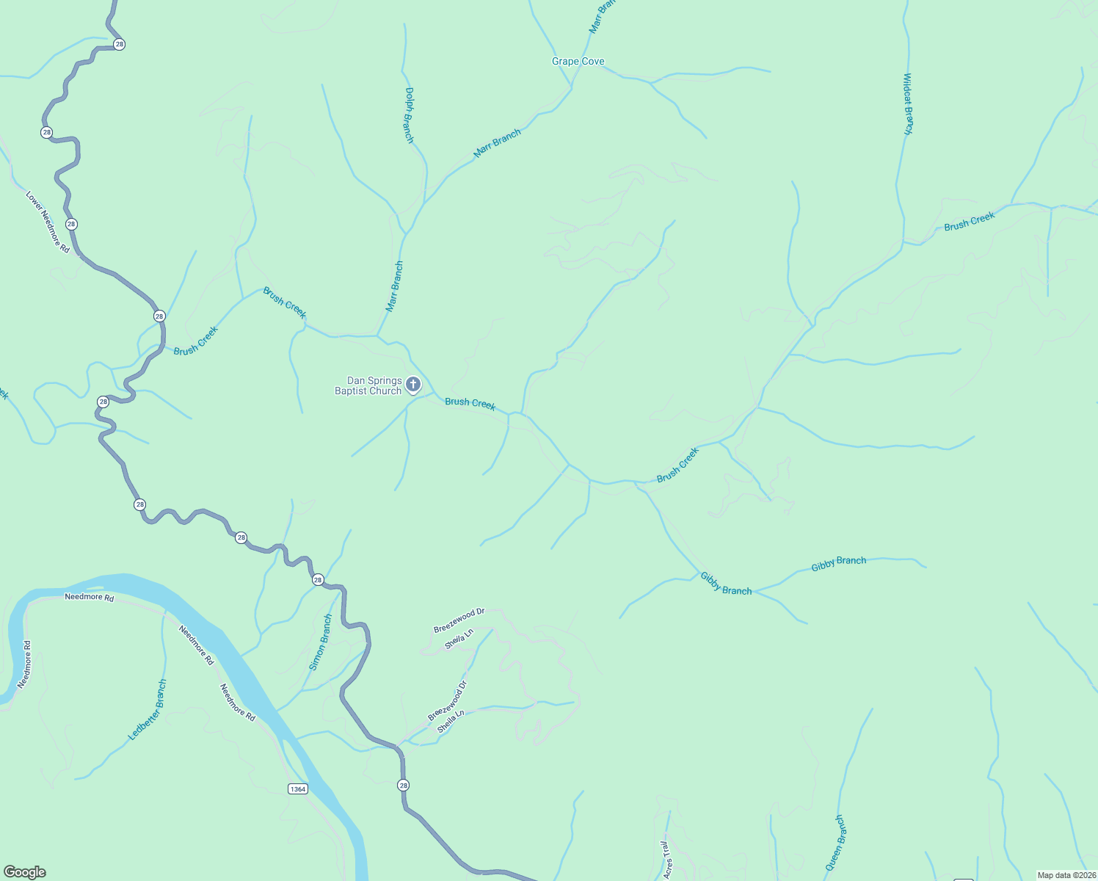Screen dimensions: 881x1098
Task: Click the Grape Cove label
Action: click(578, 62)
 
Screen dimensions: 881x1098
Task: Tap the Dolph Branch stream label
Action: click(410, 115)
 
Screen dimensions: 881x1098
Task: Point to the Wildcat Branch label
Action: click(908, 104)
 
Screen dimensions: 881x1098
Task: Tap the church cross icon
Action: click(413, 384)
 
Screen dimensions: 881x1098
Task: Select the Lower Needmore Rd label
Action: click(48, 222)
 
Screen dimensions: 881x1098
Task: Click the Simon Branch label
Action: click(321, 642)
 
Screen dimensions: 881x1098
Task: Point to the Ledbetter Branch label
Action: click(148, 710)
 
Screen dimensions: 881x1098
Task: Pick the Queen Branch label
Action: click(835, 843)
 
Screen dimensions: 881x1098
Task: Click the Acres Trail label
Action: click(667, 860)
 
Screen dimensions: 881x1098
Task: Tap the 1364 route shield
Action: click(297, 789)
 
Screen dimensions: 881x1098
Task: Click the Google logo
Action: click(25, 872)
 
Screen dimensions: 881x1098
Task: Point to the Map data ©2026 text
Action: click(1066, 875)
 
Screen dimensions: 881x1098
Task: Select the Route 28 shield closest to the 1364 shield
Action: click(403, 786)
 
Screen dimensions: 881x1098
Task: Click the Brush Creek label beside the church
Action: click(470, 403)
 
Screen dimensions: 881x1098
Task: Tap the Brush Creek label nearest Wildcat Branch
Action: click(969, 221)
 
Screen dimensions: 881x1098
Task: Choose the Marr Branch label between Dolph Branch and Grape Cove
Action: click(497, 143)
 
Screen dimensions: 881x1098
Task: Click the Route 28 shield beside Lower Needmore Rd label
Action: click(71, 224)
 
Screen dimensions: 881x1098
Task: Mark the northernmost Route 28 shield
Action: click(120, 44)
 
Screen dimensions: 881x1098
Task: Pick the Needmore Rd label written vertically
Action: click(25, 664)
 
